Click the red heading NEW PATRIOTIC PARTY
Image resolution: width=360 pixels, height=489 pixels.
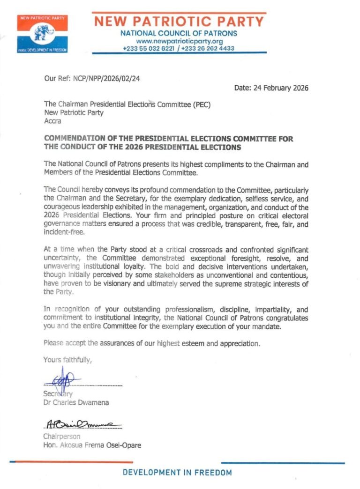pos(179,22)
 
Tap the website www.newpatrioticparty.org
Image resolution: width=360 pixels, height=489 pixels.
pos(178,41)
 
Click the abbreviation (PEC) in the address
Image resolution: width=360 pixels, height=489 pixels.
pos(199,104)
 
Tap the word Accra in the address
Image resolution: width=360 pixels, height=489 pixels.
pos(52,121)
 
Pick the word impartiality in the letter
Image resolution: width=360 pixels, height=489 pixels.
pos(262,309)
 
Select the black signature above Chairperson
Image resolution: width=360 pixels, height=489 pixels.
pos(82,425)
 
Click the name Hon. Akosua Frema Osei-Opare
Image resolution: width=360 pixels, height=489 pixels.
pos(92,445)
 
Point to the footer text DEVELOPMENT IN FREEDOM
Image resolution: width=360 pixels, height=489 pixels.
pos(177,473)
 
